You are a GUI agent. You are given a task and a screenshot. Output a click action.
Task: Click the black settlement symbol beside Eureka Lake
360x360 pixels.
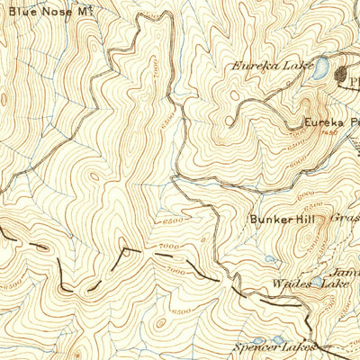pyautogui.click(x=345, y=78)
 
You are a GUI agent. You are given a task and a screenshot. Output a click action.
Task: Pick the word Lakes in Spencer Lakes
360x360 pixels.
pyautogui.click(x=301, y=346)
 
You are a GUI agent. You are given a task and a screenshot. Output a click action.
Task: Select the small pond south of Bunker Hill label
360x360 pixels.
pyautogui.click(x=272, y=259)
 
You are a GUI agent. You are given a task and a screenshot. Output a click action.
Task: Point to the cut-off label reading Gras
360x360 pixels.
pyautogui.click(x=345, y=217)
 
